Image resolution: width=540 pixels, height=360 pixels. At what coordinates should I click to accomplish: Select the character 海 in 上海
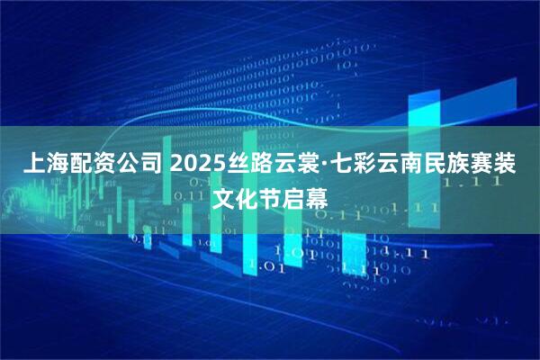click(56, 165)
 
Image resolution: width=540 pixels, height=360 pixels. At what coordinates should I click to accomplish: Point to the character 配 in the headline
click(80, 165)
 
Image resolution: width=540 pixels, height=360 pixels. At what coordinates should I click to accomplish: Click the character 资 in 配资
click(104, 165)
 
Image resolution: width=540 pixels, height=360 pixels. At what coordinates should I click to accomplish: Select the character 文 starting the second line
click(222, 195)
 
